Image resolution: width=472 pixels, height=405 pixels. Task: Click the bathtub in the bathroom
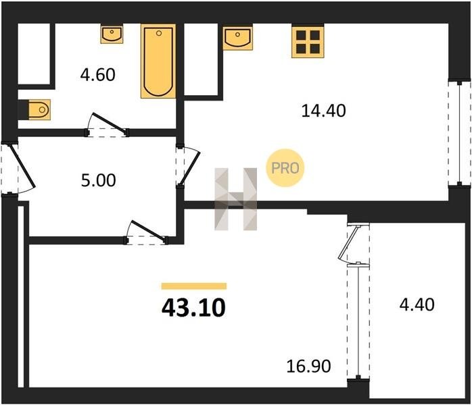(158, 61)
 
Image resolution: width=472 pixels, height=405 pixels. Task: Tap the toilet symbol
(39, 109)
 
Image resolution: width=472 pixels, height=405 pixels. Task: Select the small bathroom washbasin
(112, 34)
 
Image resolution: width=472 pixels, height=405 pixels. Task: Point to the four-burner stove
(308, 42)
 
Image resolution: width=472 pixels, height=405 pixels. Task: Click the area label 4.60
(98, 75)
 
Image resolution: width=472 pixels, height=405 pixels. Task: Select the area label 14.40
(324, 111)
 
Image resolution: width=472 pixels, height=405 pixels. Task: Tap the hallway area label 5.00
(99, 181)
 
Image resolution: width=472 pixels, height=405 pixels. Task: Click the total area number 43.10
(193, 308)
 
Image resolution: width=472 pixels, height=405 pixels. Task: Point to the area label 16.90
(308, 367)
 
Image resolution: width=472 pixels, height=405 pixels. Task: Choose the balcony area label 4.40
(417, 304)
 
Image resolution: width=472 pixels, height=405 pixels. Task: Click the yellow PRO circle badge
(285, 168)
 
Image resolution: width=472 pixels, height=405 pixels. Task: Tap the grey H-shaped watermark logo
(236, 199)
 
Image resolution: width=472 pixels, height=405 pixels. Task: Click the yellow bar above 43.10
(194, 286)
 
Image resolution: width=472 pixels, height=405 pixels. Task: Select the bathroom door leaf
(109, 123)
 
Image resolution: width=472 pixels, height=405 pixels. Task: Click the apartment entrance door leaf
(22, 165)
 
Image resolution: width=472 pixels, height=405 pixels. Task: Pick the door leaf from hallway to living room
(148, 231)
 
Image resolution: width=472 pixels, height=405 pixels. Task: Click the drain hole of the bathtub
(159, 33)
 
